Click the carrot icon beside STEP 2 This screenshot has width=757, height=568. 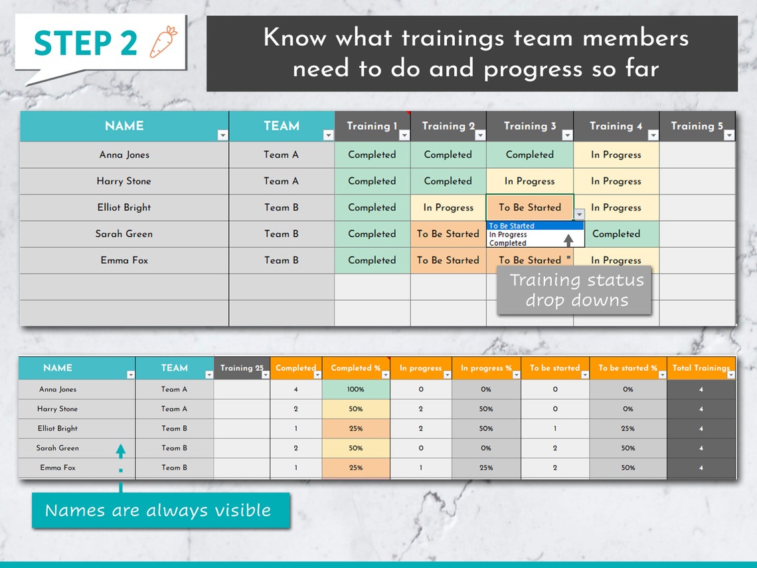pos(163,41)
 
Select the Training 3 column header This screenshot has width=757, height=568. pos(529,126)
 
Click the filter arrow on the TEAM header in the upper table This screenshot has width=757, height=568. pos(328,136)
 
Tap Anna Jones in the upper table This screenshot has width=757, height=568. pos(124,155)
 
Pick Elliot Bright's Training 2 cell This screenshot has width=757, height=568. pos(448,207)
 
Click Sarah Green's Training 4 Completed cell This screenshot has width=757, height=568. pos(616,234)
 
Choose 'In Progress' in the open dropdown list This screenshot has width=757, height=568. pos(508,235)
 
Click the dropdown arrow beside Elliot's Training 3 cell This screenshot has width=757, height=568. pos(579,214)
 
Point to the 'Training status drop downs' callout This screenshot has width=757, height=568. pos(576,290)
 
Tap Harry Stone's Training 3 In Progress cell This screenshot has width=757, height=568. pos(529,181)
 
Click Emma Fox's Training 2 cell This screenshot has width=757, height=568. pos(448,260)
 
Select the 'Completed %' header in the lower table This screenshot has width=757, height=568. pos(355,368)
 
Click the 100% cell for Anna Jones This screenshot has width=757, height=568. pos(355,389)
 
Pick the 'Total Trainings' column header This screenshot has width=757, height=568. pos(701,368)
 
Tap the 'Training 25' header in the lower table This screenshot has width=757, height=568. pos(242,368)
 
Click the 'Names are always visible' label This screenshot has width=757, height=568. pos(158,510)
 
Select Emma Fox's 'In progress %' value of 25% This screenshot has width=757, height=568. pos(486,468)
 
